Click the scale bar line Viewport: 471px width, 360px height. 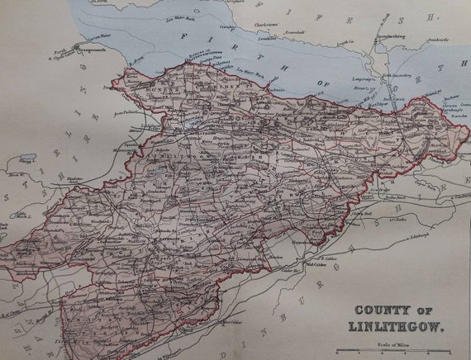coord(405,351)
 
